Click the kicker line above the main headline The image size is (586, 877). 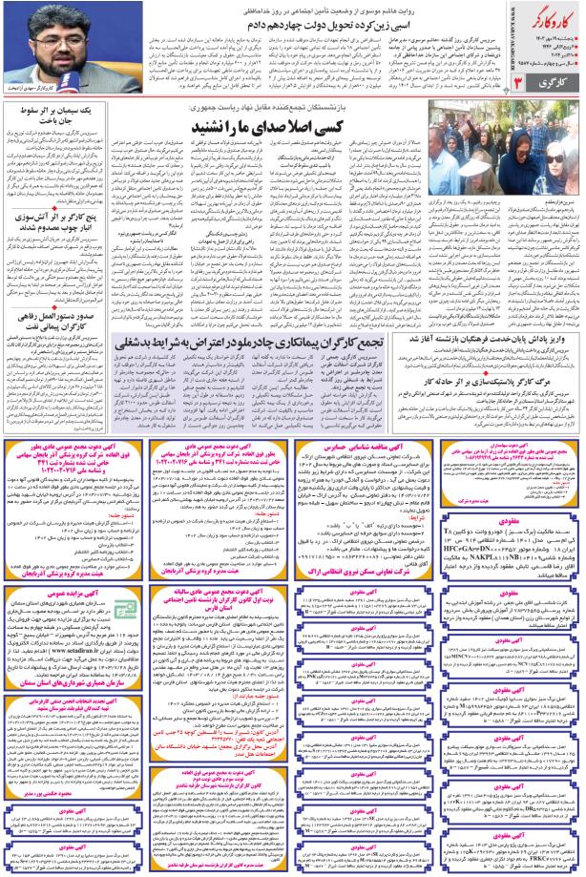(286, 9)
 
